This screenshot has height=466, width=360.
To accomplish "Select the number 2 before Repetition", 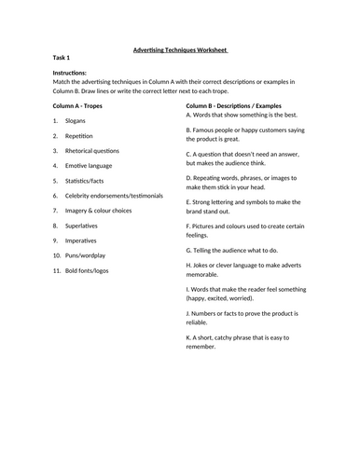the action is click(55, 134).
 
